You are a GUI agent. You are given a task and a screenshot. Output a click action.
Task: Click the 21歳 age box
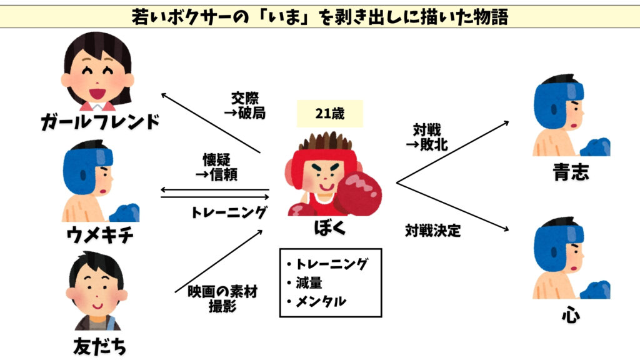(329, 114)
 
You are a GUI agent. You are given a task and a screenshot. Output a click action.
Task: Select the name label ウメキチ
(100, 236)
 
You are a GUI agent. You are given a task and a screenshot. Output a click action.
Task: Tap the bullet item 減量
(309, 282)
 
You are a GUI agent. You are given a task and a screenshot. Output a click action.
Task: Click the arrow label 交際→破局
(244, 105)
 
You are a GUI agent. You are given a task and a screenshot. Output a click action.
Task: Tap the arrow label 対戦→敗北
(430, 137)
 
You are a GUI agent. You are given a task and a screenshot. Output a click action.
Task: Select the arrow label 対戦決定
(432, 231)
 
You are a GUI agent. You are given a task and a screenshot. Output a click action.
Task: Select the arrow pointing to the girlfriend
(209, 122)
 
